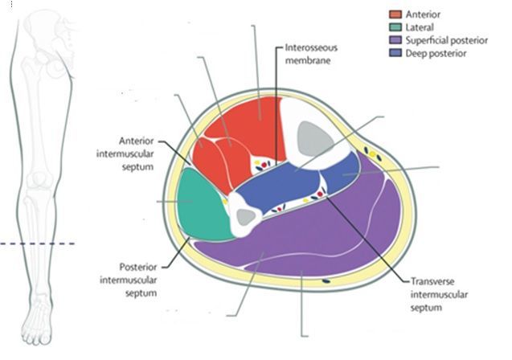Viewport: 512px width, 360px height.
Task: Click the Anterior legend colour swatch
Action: [x=395, y=14]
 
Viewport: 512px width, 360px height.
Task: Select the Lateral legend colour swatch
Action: [x=395, y=27]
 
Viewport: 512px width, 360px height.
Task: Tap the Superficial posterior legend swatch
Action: [x=395, y=40]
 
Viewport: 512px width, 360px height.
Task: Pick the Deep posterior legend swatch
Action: [x=395, y=53]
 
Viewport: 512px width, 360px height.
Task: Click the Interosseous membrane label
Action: [x=311, y=54]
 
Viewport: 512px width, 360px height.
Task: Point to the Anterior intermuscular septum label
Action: [x=125, y=153]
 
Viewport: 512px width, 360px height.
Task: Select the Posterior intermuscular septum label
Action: [x=129, y=280]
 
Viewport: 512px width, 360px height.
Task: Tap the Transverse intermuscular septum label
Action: [x=439, y=294]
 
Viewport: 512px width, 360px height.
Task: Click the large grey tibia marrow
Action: [x=313, y=139]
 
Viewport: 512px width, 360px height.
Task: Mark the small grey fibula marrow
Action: [x=246, y=217]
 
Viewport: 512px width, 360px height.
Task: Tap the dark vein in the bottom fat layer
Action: [x=326, y=280]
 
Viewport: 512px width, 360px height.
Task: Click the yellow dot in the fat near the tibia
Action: [x=372, y=154]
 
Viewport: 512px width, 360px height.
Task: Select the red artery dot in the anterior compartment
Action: [x=264, y=166]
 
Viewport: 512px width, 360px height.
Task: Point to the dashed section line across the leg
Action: [x=38, y=243]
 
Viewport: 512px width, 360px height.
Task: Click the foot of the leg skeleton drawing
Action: [x=37, y=321]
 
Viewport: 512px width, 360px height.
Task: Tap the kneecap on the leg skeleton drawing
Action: [x=40, y=180]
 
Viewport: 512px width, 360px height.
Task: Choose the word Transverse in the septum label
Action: [x=432, y=281]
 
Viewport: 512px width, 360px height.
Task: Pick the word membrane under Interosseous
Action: [x=308, y=61]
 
